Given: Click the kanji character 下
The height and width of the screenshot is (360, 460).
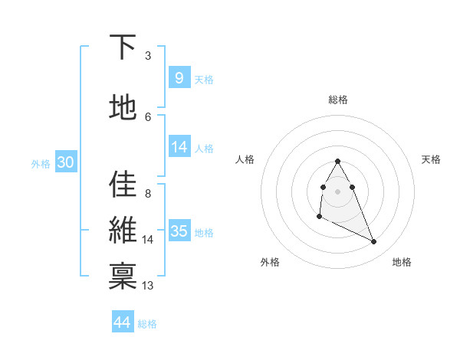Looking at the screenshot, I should (x=123, y=47).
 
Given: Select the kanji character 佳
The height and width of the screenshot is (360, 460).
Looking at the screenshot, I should (x=123, y=185).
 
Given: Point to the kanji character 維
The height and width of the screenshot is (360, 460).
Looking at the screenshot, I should (x=123, y=231).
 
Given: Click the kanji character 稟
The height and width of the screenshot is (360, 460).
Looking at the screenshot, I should (x=123, y=277).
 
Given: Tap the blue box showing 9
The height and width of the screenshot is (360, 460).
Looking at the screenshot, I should (x=179, y=78).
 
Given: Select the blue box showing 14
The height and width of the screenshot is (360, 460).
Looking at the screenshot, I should (x=179, y=148).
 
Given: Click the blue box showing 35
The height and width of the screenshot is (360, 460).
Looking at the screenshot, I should (x=179, y=231).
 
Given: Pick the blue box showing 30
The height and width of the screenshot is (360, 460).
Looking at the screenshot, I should (x=65, y=162).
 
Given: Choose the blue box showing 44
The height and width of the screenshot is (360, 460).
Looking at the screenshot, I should (x=122, y=322).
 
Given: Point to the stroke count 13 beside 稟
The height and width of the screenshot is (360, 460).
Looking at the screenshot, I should (x=148, y=286).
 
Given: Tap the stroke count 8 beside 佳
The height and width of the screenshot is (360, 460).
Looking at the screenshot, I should (x=147, y=194).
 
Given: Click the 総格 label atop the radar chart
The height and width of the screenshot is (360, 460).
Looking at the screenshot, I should (x=338, y=100).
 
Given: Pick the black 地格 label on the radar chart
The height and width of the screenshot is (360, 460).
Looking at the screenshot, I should (x=402, y=262).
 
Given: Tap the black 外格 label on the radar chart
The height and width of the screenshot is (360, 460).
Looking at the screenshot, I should (x=270, y=262).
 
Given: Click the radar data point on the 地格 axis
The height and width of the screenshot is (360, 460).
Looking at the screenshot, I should (x=374, y=242).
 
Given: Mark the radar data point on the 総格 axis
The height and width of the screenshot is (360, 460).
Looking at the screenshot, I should (x=337, y=162).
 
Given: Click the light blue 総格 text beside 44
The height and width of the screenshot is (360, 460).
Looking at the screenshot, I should (x=147, y=324).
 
